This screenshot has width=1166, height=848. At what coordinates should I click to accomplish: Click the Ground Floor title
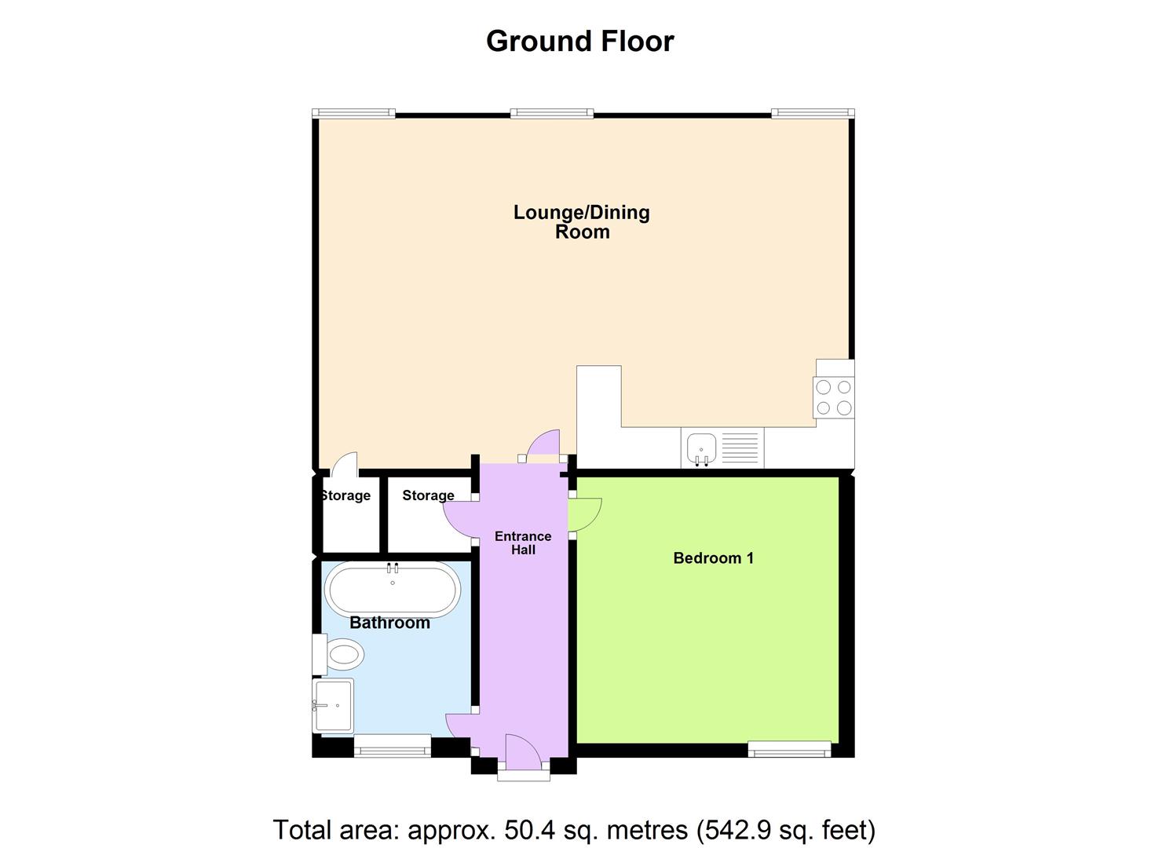point(579,41)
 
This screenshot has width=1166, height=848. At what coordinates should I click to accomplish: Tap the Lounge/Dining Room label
point(582,221)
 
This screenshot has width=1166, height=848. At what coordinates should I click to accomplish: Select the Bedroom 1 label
point(713,558)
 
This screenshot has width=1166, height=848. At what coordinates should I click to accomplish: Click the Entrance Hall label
point(523,543)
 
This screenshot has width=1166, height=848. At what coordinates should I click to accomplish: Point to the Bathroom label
point(389,623)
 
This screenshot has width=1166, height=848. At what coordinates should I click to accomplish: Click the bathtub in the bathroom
point(393,589)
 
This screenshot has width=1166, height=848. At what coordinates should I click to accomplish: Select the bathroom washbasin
point(333,705)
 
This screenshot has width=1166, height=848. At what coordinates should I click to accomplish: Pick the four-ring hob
point(834,397)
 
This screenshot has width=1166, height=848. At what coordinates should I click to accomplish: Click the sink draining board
point(740,448)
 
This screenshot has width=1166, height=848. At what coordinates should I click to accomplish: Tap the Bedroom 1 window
point(789,749)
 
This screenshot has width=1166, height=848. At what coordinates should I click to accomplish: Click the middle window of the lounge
point(551,114)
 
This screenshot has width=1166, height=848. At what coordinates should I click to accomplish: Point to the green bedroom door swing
point(585,514)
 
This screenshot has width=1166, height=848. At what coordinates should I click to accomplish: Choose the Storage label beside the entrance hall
point(428,495)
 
